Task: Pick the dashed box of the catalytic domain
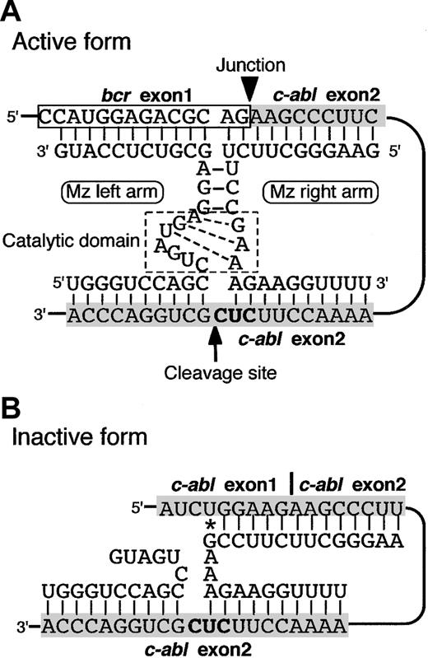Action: pyautogui.click(x=202, y=240)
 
